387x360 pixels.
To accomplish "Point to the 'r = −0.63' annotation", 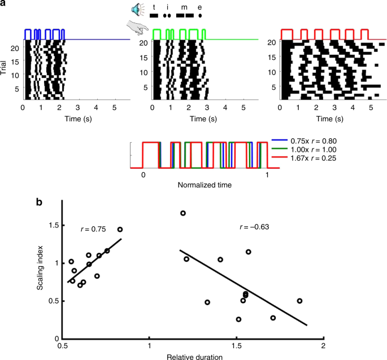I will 255,227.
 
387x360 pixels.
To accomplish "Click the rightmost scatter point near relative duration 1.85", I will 300,301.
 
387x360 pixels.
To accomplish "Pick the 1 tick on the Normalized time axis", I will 267,175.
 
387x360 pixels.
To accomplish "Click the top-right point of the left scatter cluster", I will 120,230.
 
